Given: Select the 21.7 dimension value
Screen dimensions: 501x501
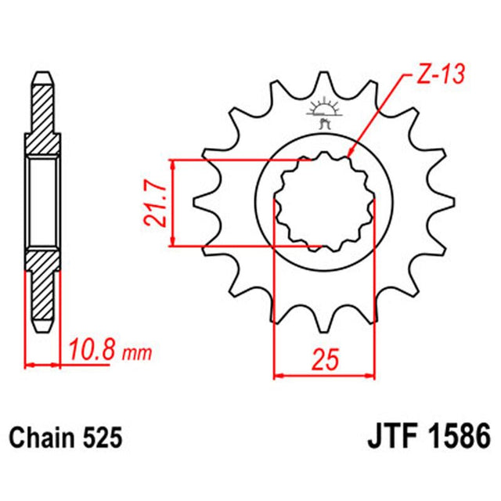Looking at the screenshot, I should pos(157,204).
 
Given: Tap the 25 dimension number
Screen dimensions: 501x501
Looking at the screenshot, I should pos(323,360).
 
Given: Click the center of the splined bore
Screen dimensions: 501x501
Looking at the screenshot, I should pos(323,204).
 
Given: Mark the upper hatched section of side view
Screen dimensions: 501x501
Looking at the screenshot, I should pos(43,117).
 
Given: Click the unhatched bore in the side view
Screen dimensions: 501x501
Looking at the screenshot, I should pos(43,204).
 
